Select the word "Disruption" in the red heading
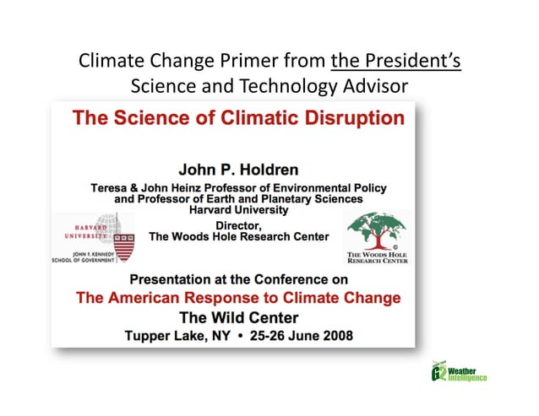tap(349, 118)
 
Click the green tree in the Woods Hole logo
tap(377, 230)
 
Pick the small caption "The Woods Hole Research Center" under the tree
tap(378, 258)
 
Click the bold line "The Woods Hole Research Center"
tap(239, 237)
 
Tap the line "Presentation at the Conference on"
tap(237, 280)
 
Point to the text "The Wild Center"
tap(238, 317)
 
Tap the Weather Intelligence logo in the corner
tap(458, 375)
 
